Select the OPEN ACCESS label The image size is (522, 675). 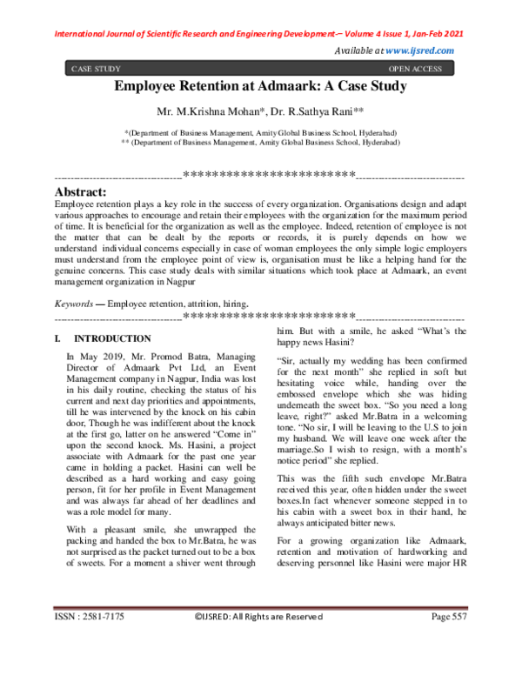[x=414, y=68]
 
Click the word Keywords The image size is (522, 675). [x=73, y=304]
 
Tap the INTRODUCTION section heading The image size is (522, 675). [x=112, y=337]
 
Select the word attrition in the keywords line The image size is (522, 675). [x=200, y=304]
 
